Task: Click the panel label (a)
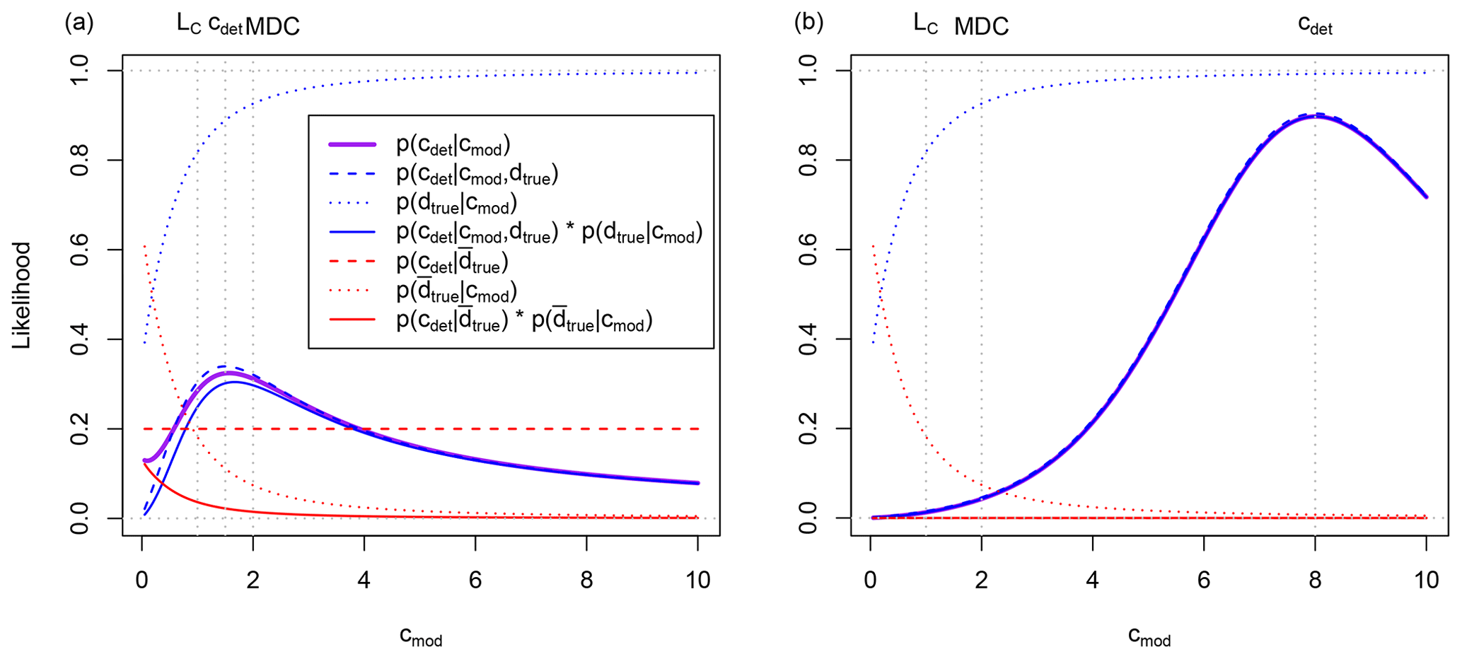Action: tap(79, 24)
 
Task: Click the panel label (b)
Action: tap(808, 24)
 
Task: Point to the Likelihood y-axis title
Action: tap(22, 295)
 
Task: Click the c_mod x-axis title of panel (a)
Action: tap(421, 636)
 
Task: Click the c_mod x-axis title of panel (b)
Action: tap(1149, 636)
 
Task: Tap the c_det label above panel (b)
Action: tap(1315, 25)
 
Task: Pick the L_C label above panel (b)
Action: tap(925, 25)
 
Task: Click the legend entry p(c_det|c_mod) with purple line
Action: tap(453, 146)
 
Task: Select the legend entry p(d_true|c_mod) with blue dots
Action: tap(456, 204)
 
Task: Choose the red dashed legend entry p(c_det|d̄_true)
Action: tap(451, 262)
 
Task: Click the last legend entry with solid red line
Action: tap(523, 321)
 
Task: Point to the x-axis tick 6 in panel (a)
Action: tap(475, 581)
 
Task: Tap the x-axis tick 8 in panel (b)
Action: tap(1315, 581)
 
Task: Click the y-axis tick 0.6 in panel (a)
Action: tap(79, 250)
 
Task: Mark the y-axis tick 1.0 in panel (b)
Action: tap(808, 71)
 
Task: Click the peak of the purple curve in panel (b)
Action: tap(1315, 116)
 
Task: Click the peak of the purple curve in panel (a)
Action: tap(228, 373)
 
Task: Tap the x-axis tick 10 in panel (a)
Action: tap(697, 581)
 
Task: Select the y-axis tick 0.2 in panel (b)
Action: tap(808, 428)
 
